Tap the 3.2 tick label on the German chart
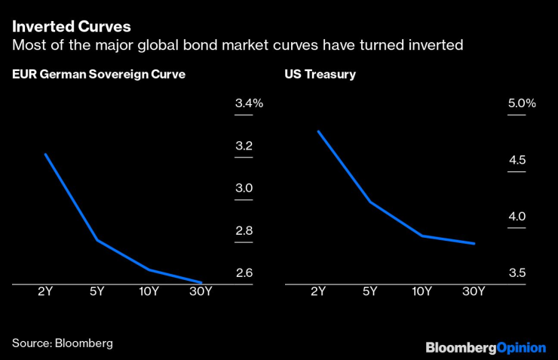244,146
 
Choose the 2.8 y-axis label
244,231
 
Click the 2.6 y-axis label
244,273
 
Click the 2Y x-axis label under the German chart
45,292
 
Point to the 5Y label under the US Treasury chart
369,292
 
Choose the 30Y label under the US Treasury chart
474,292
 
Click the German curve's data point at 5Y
97,240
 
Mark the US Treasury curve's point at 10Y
422,235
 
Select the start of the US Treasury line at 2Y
318,131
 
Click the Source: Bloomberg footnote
62,343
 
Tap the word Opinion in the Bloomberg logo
522,348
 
